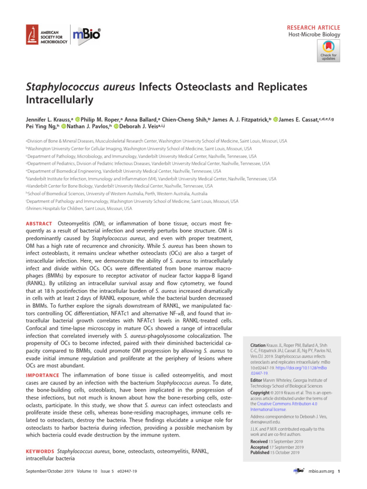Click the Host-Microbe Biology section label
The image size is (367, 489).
click(314, 35)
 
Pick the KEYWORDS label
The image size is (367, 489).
click(40, 451)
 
